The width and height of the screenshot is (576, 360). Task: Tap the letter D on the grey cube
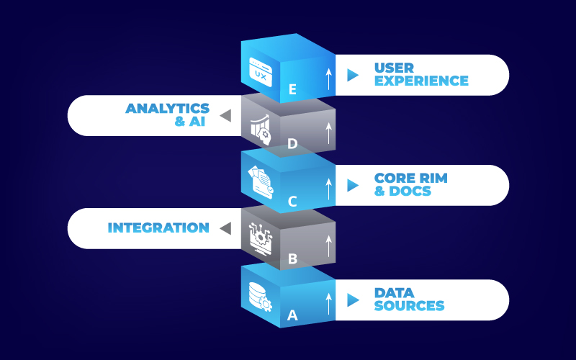292,144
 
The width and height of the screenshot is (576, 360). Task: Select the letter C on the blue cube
292,201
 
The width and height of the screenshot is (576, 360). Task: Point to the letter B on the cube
292,257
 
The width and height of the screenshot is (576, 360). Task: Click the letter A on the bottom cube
292,314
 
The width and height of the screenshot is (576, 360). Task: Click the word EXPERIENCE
421,81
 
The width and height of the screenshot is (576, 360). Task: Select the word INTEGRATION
158,228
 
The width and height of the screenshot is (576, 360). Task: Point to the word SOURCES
409,306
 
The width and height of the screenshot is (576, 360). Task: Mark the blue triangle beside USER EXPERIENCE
352,75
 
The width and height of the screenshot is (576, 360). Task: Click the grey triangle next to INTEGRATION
225,228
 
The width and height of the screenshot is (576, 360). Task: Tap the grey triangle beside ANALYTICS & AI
225,115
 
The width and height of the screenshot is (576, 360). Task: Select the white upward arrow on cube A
328,303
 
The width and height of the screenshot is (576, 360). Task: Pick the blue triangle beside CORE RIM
352,185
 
